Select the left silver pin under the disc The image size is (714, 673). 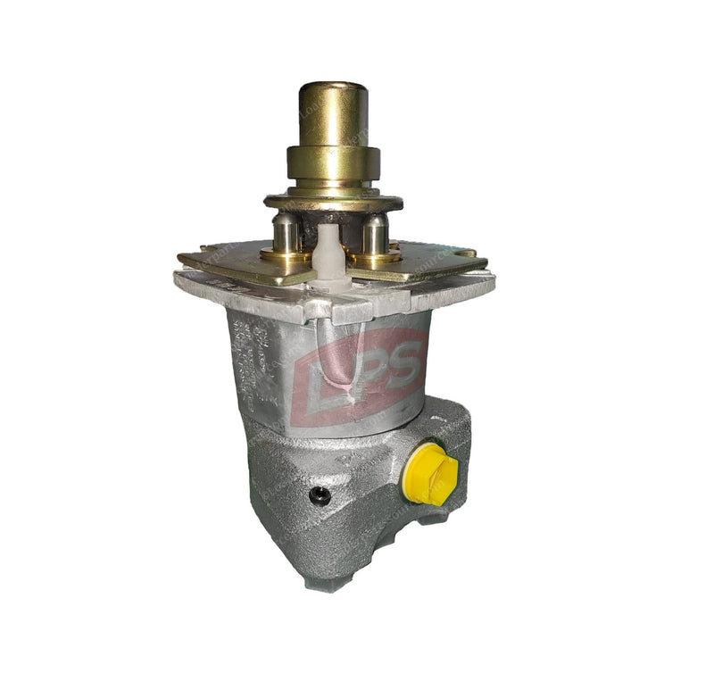tap(286, 233)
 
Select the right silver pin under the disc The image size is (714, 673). tap(374, 234)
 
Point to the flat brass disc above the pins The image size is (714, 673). tap(332, 199)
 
